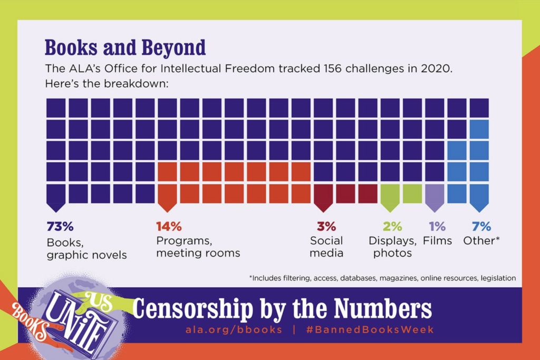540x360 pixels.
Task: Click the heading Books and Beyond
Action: (x=125, y=48)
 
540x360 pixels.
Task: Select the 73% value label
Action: (x=60, y=227)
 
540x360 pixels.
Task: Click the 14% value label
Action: (x=169, y=227)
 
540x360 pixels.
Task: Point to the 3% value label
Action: (x=326, y=227)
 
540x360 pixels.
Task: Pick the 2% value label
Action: (x=392, y=227)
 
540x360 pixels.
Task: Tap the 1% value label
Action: (x=437, y=227)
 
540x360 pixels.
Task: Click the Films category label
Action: (x=437, y=241)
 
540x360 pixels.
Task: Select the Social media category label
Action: (x=326, y=247)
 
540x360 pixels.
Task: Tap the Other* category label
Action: (x=481, y=241)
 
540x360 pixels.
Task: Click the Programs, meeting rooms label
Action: (x=198, y=247)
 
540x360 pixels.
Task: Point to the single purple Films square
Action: (x=435, y=193)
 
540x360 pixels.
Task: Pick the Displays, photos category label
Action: (x=392, y=247)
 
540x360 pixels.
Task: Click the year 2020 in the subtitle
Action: (x=433, y=69)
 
